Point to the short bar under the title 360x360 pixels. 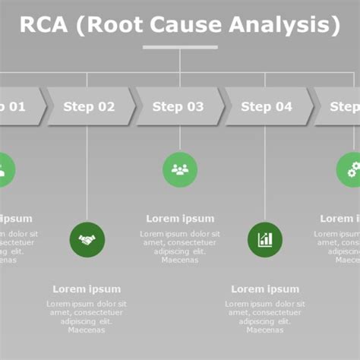click(x=180, y=47)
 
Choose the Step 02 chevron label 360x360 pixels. click(x=89, y=107)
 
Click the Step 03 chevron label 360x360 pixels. click(x=178, y=107)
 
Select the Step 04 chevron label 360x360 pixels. click(x=267, y=107)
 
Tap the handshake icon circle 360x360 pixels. click(x=87, y=240)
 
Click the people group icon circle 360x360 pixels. click(x=180, y=169)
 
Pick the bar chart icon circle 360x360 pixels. click(x=265, y=240)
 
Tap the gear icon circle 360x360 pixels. click(x=352, y=169)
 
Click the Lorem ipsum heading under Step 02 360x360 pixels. click(x=87, y=289)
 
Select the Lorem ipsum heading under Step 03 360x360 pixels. click(x=180, y=219)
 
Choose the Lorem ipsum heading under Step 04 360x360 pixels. click(x=265, y=289)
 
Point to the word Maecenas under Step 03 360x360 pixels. click(x=180, y=261)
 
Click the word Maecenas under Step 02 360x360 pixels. click(x=87, y=330)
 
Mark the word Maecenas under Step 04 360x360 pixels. click(x=265, y=330)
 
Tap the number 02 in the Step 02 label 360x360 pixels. click(x=105, y=107)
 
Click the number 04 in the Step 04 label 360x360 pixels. click(x=283, y=107)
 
